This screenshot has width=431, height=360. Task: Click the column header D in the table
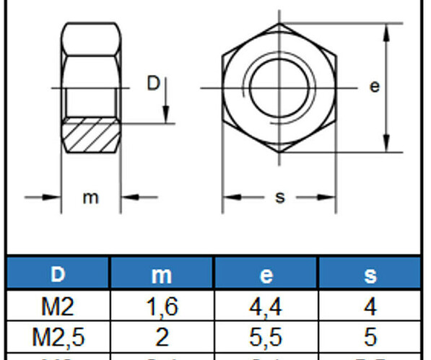coord(58,274)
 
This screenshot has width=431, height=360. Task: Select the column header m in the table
coord(161,274)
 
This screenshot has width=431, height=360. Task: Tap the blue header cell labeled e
coord(266,274)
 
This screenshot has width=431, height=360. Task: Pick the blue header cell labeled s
coord(370,274)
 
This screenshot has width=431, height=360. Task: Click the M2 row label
coord(58,307)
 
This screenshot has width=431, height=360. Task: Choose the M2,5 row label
coord(58,336)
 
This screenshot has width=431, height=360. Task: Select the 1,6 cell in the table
coord(161,307)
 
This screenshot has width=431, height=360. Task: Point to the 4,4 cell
coord(266,307)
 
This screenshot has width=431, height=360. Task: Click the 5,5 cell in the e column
coord(266,336)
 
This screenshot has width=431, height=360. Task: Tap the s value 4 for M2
coord(370,307)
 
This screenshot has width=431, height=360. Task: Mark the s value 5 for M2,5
coord(370,336)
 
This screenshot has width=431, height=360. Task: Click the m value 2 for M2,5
coord(161,336)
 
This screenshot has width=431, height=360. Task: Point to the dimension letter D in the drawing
coord(153,84)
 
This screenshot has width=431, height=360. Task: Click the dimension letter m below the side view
coord(90,197)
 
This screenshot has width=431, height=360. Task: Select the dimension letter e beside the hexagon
coord(374,87)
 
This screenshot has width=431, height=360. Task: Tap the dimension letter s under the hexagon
coord(280,197)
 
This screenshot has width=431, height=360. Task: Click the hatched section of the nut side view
coord(90,136)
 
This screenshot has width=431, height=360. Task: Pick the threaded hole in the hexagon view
coord(279,87)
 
